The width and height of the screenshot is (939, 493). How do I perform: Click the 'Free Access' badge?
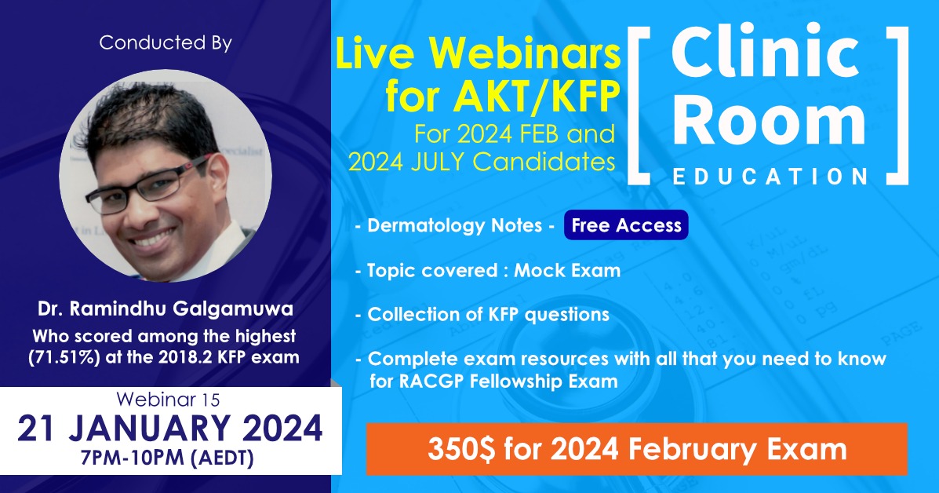(625, 225)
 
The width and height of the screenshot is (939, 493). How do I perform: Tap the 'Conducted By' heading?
(165, 42)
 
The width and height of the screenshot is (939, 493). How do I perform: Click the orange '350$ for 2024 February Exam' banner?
(636, 450)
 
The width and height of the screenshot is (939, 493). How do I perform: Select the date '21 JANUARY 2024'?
(170, 429)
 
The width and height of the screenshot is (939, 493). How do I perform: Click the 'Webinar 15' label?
(170, 400)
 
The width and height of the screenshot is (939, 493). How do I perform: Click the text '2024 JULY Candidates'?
(481, 162)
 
